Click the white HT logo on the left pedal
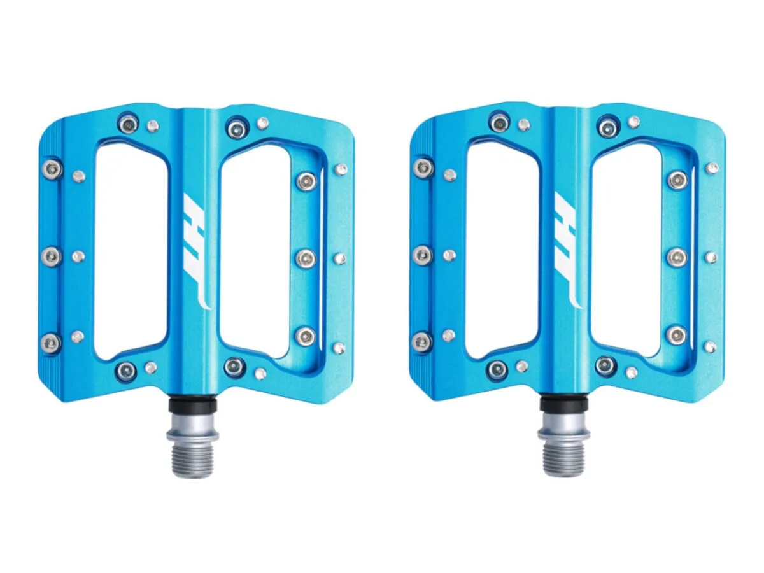(x=197, y=250)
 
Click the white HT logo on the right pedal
(x=567, y=250)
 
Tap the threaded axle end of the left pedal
(x=192, y=459)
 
